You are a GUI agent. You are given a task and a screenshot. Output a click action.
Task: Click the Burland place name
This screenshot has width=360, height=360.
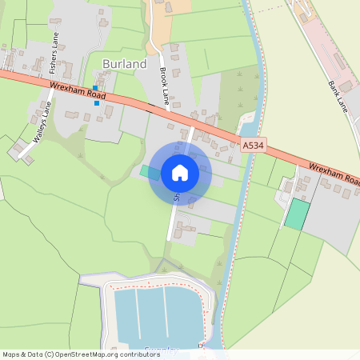tap(124, 63)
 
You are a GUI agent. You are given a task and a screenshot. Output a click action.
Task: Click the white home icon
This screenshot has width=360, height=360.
tap(180, 173)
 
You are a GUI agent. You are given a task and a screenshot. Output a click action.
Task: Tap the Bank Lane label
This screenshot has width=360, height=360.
tap(339, 95)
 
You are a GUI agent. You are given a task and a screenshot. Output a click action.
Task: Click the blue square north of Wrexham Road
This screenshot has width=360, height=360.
tap(95, 88)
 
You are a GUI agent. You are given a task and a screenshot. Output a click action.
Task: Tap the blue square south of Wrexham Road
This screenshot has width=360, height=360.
tap(97, 102)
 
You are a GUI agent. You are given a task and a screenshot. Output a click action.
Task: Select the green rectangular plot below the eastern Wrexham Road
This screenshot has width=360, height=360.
tap(298, 214)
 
